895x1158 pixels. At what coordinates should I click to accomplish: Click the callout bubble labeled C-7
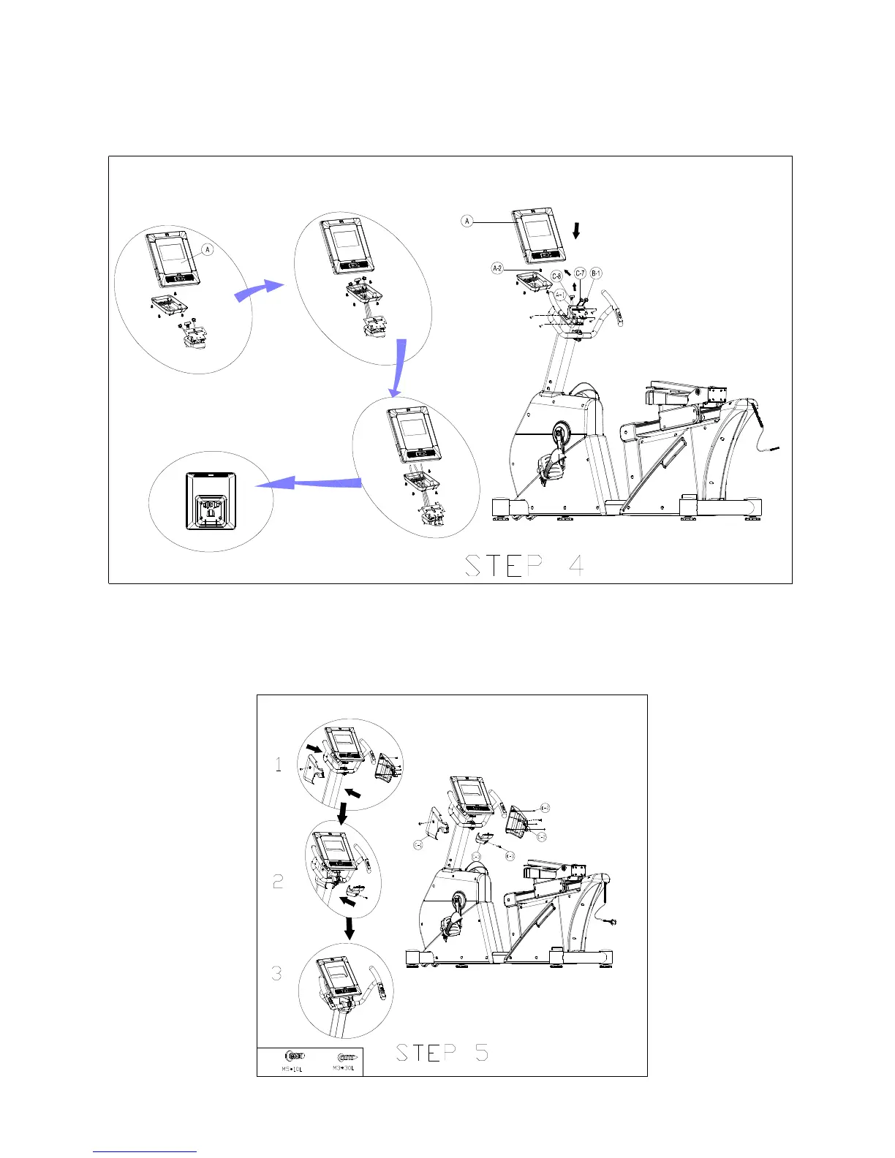point(580,273)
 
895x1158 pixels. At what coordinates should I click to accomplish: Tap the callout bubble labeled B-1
point(597,273)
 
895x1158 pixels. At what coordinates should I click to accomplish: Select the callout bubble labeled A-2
point(497,268)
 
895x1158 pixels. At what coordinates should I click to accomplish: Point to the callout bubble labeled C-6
point(556,276)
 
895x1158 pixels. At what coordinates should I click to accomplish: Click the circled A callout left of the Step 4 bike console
point(467,221)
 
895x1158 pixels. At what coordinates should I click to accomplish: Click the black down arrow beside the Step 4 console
point(577,231)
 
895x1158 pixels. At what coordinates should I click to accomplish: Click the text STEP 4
point(524,566)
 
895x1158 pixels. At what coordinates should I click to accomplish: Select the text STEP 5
point(442,1053)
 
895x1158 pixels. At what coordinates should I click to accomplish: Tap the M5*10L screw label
point(292,1069)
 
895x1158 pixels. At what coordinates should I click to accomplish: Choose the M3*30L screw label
point(344,1068)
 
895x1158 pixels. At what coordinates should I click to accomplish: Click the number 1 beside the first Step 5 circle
point(278,765)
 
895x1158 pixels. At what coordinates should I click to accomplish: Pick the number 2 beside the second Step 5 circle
point(278,882)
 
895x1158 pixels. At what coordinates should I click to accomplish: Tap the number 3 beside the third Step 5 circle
point(277,974)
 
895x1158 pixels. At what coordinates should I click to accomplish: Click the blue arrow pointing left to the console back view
point(311,483)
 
